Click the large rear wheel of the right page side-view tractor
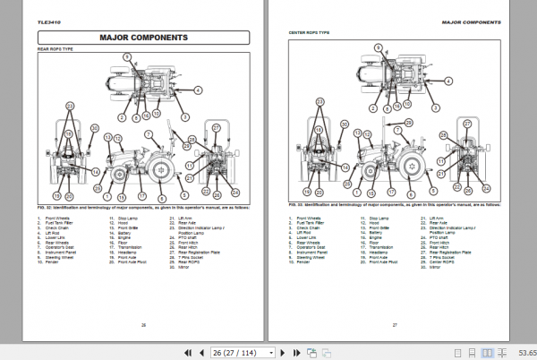[414, 167]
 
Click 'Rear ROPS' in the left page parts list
[189, 258]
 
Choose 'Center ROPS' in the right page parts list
[442, 258]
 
